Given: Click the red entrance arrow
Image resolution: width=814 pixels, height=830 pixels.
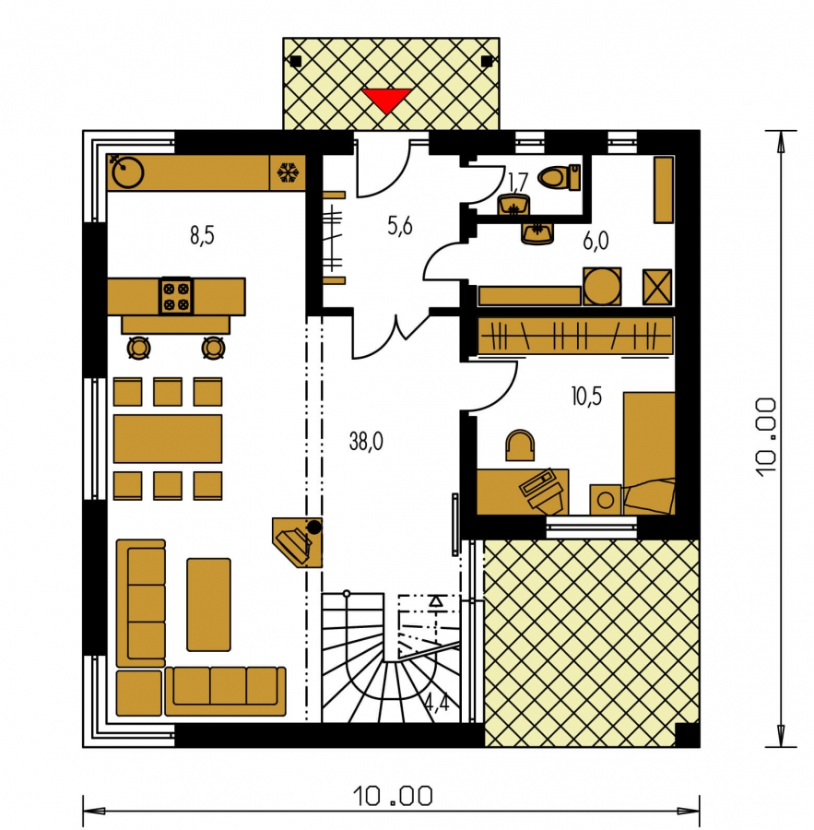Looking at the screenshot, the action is [386, 100].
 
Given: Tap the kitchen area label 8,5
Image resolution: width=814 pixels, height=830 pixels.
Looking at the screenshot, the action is [202, 235].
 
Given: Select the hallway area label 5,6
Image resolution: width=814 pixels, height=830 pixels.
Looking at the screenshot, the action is [399, 226].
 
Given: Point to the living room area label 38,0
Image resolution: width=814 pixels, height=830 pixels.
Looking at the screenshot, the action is [366, 441].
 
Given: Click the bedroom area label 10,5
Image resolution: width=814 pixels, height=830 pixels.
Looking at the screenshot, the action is [586, 396].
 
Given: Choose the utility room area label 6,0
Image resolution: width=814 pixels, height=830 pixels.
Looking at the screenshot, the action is [596, 241].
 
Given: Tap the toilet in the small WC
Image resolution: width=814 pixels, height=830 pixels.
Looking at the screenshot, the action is [559, 177].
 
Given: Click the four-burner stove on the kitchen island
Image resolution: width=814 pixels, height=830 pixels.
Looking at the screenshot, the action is [176, 296].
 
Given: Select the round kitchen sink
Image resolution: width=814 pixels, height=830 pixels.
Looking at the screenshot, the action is [128, 172].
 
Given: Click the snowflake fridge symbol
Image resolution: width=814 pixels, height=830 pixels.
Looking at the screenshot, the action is [289, 172].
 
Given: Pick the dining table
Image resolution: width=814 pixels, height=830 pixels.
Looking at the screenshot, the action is [168, 439].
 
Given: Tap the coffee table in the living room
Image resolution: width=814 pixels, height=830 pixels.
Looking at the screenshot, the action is [208, 604].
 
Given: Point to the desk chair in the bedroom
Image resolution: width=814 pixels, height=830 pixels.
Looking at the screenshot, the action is [520, 445].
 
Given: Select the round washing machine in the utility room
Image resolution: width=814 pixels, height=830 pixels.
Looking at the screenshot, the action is [602, 287].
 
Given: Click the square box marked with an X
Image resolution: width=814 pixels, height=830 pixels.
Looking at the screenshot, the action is [657, 287].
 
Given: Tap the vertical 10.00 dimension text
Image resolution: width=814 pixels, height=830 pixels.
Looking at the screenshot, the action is [766, 438].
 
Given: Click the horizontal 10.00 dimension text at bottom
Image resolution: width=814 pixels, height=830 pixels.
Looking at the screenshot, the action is [392, 796].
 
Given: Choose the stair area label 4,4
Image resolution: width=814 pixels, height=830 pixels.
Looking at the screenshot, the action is [437, 702].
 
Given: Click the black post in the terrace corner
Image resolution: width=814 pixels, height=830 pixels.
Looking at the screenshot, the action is [688, 735].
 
